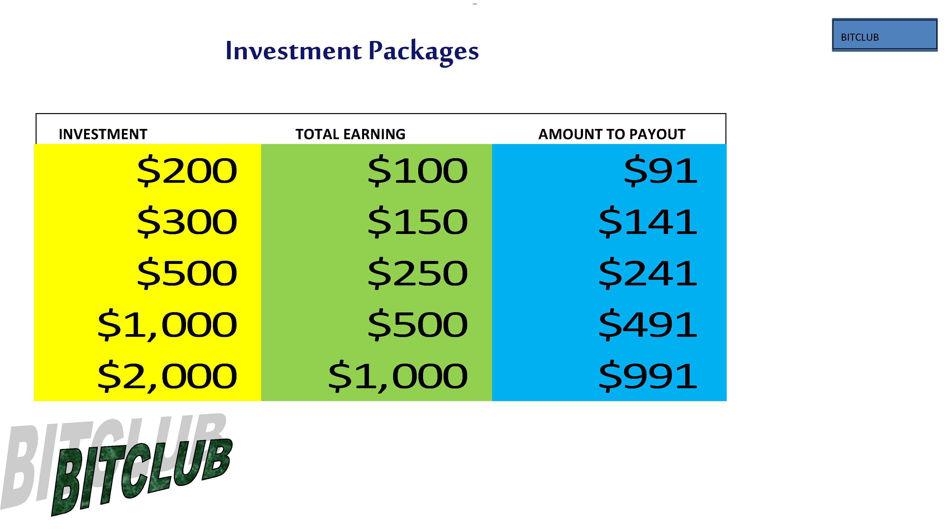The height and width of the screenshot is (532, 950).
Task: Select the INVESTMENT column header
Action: (103, 134)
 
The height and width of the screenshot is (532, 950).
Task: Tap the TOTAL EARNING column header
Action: (350, 134)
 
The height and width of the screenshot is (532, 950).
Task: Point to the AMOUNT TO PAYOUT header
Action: (612, 134)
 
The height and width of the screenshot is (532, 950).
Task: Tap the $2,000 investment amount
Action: (167, 377)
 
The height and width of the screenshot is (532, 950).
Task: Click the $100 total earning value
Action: (417, 171)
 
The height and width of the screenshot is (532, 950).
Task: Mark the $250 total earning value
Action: (417, 274)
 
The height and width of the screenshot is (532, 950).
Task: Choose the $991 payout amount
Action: (648, 377)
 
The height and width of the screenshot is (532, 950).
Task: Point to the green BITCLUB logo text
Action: (142, 477)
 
